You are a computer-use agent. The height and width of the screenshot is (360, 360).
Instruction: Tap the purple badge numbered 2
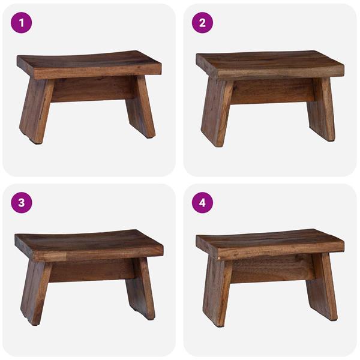(x=202, y=23)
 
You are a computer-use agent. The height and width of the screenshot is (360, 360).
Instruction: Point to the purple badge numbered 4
(x=202, y=202)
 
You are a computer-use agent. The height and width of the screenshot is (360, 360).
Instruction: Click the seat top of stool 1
(x=89, y=62)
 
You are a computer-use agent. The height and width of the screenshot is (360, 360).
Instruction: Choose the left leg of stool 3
(x=35, y=290)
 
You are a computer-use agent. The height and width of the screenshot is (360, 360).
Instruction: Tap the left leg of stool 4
(x=217, y=292)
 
